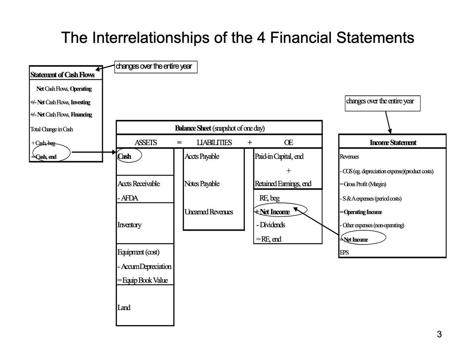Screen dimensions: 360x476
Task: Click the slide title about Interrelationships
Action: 238,38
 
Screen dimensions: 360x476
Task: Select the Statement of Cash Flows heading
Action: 62,75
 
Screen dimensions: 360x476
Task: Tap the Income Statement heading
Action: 393,142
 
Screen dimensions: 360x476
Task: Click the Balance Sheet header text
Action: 219,128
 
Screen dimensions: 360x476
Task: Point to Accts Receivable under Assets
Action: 138,183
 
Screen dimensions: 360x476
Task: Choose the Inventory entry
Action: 129,225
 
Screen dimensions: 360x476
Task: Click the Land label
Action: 124,307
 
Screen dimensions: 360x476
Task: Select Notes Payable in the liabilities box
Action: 202,183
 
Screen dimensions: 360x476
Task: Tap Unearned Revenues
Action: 209,212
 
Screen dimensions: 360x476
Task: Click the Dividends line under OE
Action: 271,225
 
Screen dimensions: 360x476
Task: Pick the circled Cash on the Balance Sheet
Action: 125,156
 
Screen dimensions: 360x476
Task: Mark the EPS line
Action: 344,252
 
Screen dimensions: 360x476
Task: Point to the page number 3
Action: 439,334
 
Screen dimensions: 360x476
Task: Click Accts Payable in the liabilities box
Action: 202,156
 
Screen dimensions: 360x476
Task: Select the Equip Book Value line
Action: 142,280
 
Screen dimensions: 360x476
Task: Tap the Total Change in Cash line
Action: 52,129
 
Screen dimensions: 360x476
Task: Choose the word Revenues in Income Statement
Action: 349,157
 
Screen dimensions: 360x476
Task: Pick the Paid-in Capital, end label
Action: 279,156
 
